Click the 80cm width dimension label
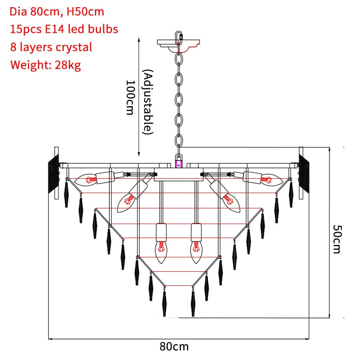174,346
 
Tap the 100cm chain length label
130,97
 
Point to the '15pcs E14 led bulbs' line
64,29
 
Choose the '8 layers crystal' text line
51,47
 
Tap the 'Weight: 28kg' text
45,65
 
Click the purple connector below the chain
179,161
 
